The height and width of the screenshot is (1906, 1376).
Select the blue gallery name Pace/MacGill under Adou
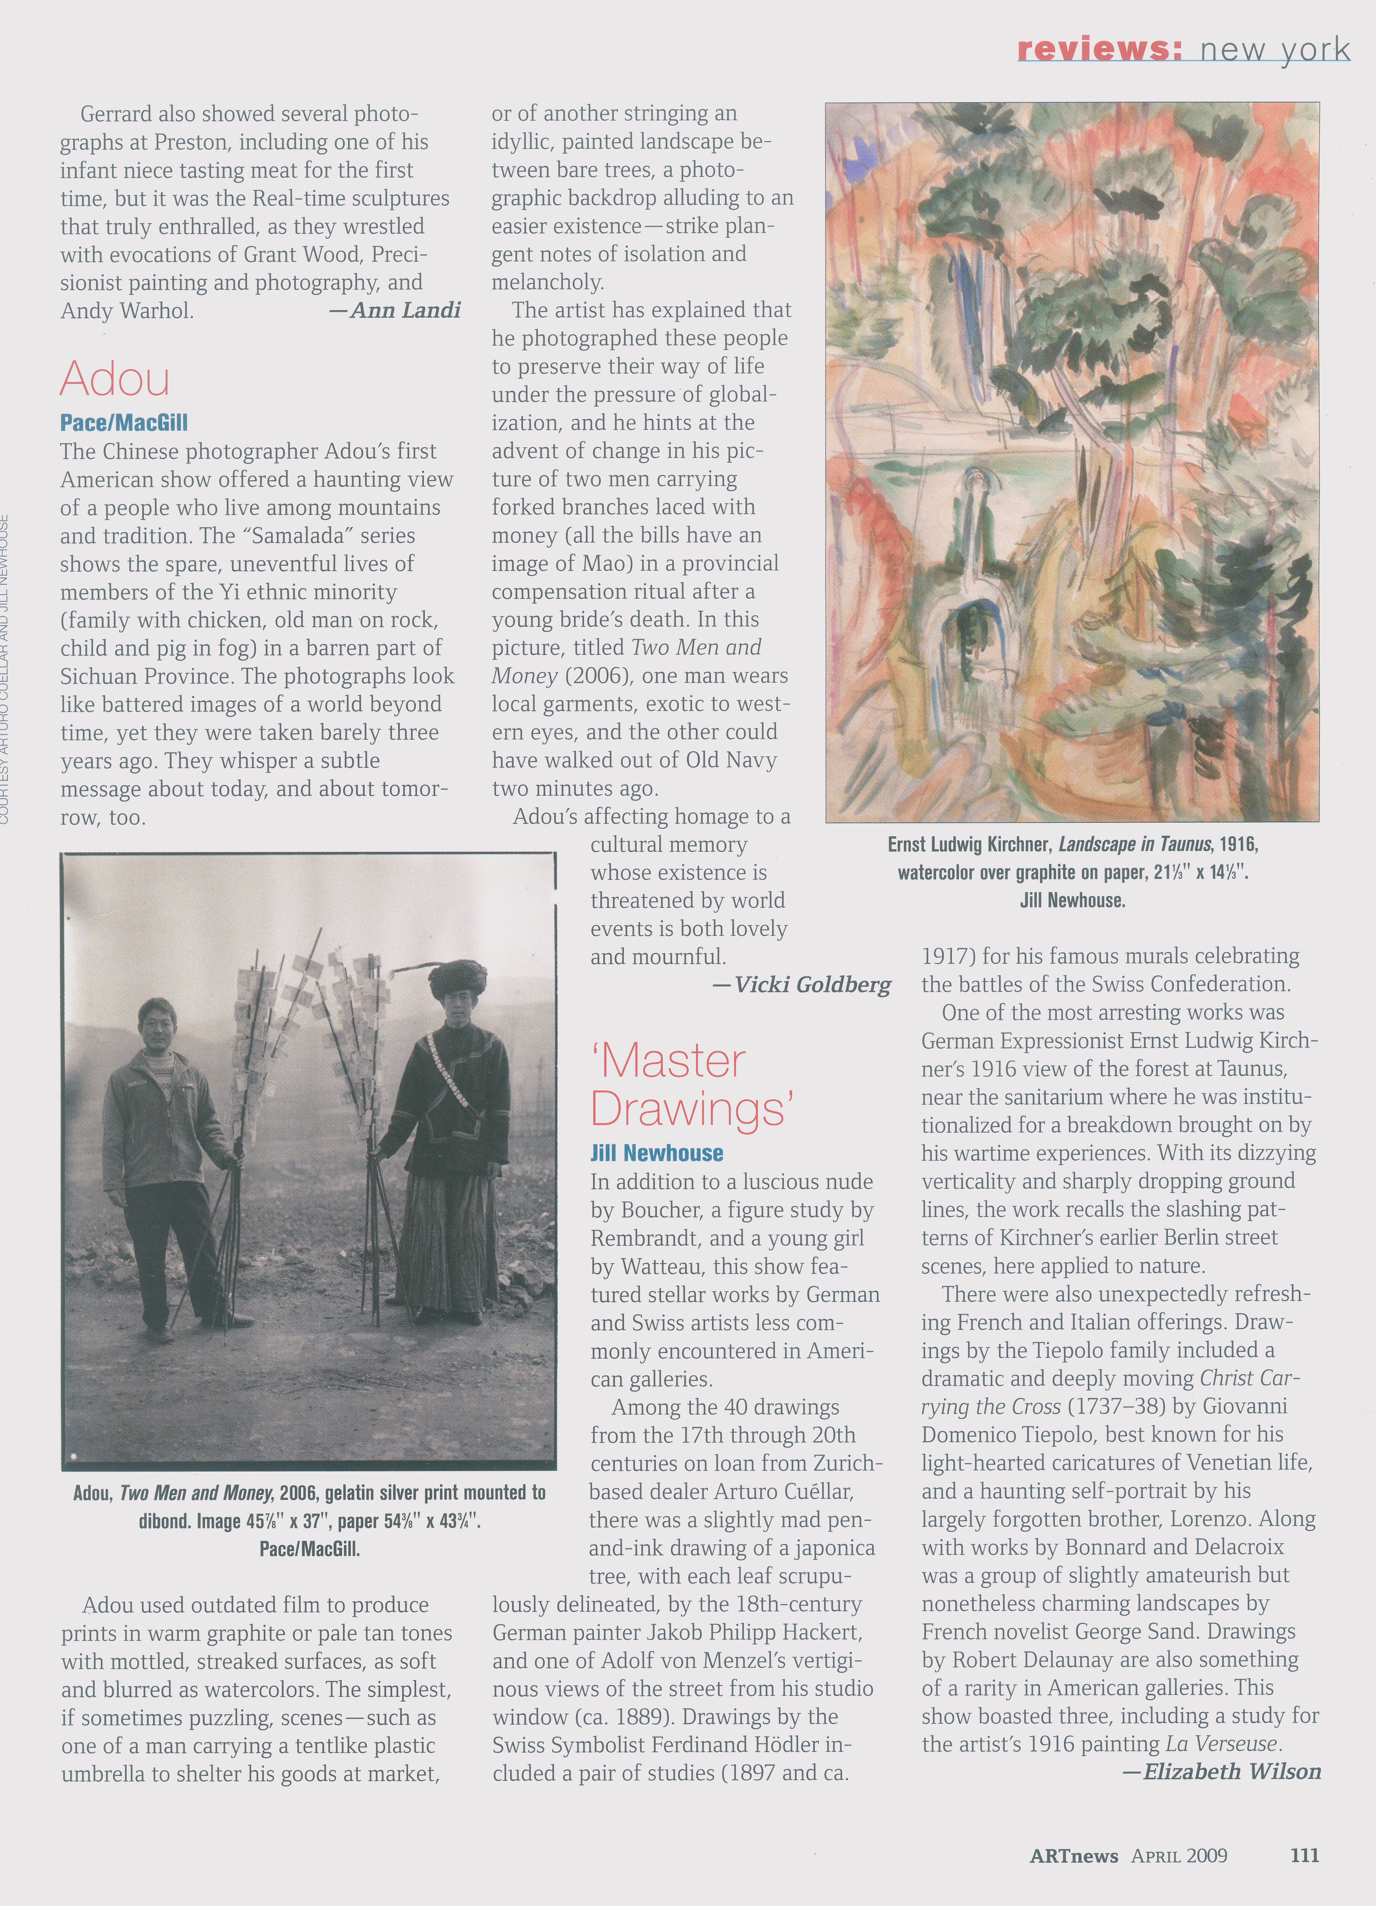(x=124, y=423)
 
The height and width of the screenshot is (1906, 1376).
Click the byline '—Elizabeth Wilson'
(x=1221, y=1772)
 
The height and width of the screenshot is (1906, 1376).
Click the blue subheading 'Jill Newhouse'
(x=656, y=1153)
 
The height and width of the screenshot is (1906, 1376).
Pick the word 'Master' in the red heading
(x=669, y=1062)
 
